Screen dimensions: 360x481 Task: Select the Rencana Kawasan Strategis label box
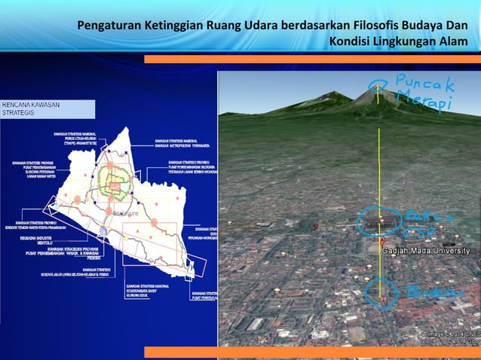tap(47, 108)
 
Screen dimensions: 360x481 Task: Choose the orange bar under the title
tap(312, 59)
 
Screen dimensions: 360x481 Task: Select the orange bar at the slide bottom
tap(312, 352)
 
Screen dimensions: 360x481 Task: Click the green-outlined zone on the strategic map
tap(113, 181)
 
